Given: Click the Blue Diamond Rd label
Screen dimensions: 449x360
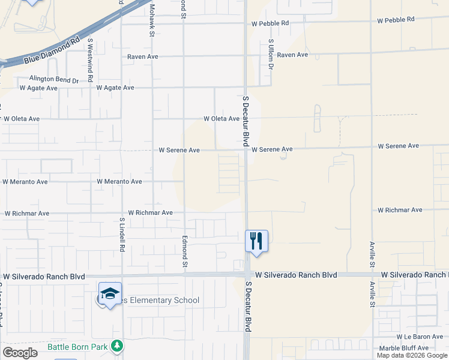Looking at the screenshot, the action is coord(52,52).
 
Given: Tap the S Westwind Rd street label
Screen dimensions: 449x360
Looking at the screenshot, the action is coord(90,60).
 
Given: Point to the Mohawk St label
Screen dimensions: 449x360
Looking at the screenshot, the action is coord(152,19).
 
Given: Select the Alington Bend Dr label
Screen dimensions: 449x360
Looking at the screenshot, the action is coord(55,80).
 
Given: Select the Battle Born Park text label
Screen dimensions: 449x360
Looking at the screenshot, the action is coord(77,347).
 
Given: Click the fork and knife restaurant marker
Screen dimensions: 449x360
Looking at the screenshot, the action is coord(256,241).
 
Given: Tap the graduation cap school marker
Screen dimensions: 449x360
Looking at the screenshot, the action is coord(110,293).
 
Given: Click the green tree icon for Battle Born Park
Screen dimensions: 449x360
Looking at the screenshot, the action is coord(118,346).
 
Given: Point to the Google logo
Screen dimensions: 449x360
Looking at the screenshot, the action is coord(20,353).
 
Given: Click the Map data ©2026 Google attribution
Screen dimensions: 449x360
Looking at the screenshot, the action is coord(412,355).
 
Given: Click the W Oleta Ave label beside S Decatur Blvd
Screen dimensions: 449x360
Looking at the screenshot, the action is coord(221,119).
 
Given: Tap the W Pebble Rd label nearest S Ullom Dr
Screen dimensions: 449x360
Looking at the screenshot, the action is coord(270,23).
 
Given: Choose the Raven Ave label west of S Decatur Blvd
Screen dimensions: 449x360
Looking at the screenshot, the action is coord(143,56).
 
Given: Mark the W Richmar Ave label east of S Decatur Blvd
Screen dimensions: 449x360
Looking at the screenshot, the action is coord(400,210).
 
